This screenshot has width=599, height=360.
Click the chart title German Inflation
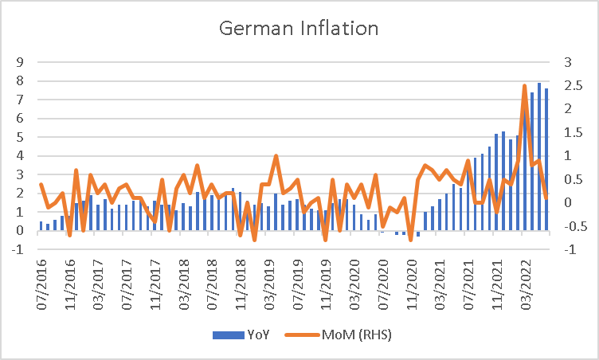pyautogui.click(x=299, y=29)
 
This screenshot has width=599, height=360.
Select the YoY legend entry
pyautogui.click(x=241, y=335)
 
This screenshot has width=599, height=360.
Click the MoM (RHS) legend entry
pyautogui.click(x=339, y=335)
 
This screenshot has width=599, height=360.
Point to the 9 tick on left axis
pyautogui.click(x=19, y=62)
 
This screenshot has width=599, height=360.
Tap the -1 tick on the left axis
pyautogui.click(x=18, y=249)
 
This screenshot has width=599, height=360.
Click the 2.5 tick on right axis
pyautogui.click(x=574, y=85)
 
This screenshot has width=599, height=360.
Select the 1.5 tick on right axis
pyautogui.click(x=574, y=133)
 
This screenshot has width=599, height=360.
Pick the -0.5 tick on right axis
pyautogui.click(x=575, y=226)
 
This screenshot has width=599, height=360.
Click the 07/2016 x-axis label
pyautogui.click(x=41, y=284)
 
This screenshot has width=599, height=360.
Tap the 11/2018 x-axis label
pyautogui.click(x=241, y=284)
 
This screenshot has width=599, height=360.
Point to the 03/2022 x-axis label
pyautogui.click(x=526, y=284)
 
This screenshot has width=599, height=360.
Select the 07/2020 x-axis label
pyautogui.click(x=383, y=284)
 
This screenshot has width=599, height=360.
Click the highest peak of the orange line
pyautogui.click(x=524, y=85)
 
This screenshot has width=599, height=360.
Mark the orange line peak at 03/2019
pyautogui.click(x=276, y=156)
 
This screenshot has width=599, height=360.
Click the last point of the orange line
pyautogui.click(x=546, y=198)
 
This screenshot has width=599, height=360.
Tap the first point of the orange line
pyautogui.click(x=41, y=184)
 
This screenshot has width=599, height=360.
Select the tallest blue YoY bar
pyautogui.click(x=539, y=156)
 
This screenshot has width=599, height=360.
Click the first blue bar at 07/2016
pyautogui.click(x=41, y=226)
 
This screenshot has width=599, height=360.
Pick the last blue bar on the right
pyautogui.click(x=546, y=159)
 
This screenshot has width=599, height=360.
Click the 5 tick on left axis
pyautogui.click(x=19, y=137)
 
